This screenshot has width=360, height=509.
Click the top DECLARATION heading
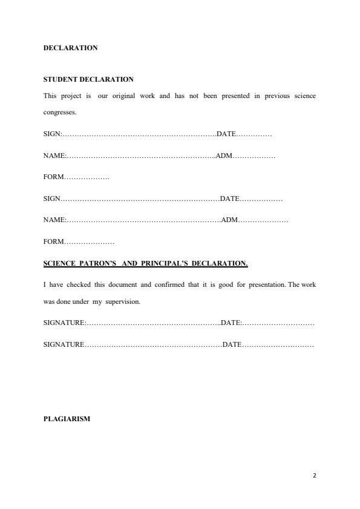70,48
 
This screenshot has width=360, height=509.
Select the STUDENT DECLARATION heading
88,79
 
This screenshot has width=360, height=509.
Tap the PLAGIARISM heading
67,418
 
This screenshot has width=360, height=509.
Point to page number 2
315,475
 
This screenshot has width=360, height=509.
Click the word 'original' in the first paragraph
124,96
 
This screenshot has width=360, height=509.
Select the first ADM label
224,156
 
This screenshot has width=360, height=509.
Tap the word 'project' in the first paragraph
71,96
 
